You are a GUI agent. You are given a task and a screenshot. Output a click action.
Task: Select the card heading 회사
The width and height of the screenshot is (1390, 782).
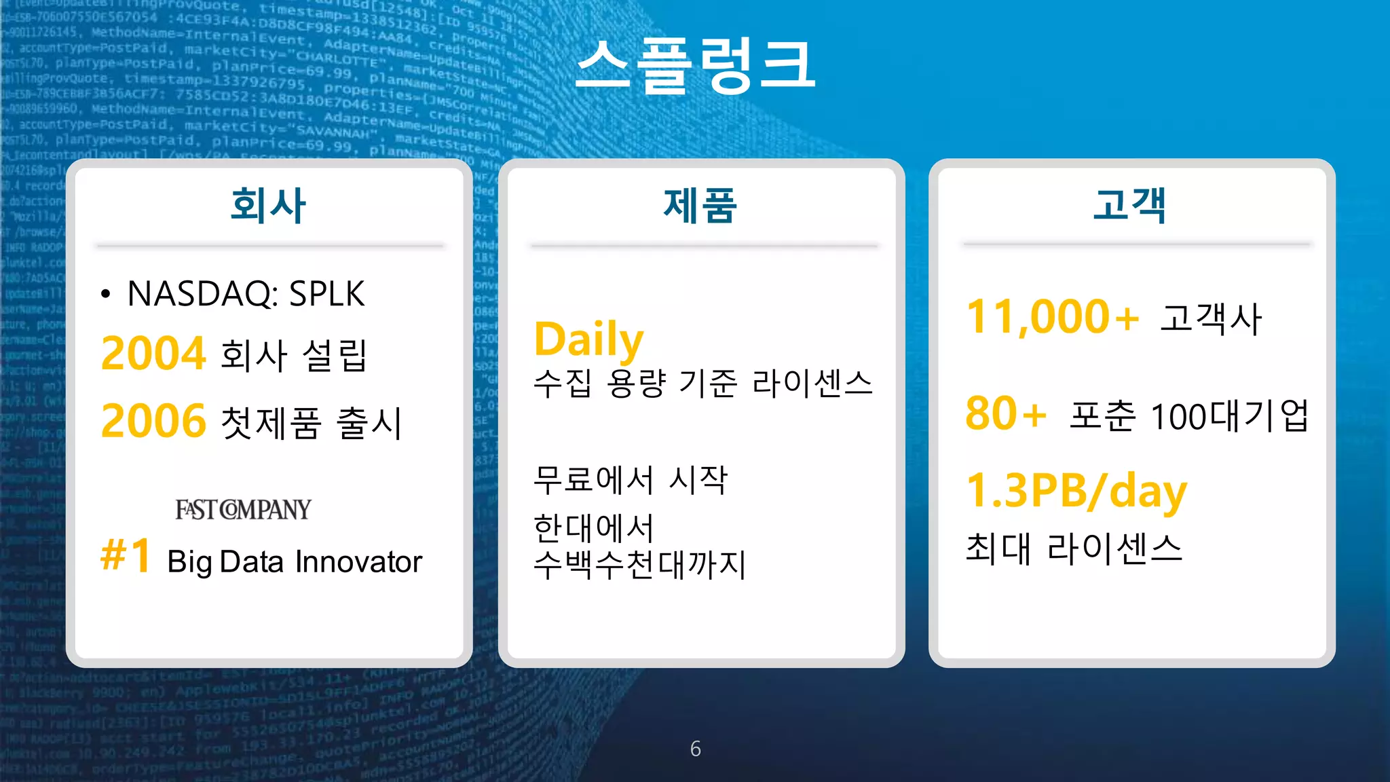click(268, 205)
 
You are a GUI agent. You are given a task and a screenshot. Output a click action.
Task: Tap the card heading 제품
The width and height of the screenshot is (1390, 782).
click(700, 205)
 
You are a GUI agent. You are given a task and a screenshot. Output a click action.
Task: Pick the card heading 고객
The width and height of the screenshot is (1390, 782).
click(1130, 205)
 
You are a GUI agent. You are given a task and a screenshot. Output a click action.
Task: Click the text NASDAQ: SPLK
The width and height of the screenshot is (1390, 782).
click(246, 294)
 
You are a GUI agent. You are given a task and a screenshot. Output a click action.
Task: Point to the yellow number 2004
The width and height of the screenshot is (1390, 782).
click(153, 354)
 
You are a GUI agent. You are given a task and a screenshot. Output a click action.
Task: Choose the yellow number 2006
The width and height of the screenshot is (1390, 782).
click(153, 421)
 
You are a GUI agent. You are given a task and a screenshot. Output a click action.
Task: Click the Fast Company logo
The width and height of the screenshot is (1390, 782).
click(243, 509)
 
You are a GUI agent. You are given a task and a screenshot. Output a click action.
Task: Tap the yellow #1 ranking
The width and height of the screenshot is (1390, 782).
click(126, 555)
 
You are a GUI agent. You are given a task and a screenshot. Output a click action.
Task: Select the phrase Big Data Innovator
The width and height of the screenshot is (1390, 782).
click(295, 562)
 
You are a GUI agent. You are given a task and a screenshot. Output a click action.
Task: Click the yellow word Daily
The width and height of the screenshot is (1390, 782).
click(588, 339)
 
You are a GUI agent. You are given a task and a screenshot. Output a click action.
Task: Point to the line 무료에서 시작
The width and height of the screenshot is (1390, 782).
click(631, 479)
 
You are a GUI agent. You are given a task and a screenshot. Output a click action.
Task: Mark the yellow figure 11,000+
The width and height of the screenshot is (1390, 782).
click(1053, 317)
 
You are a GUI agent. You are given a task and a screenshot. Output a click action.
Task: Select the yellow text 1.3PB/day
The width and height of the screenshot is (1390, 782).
click(1076, 491)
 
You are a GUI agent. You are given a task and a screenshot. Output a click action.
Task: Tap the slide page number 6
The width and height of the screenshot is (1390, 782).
click(696, 749)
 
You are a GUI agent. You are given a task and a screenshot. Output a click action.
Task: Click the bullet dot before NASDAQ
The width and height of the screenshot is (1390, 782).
click(105, 295)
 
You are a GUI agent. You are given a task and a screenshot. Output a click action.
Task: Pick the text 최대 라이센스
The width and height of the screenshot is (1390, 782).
click(1074, 548)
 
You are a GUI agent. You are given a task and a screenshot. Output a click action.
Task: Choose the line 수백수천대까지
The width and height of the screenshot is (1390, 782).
click(639, 565)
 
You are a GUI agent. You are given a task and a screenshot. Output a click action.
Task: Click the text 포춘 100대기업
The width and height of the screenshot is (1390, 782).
click(1188, 415)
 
